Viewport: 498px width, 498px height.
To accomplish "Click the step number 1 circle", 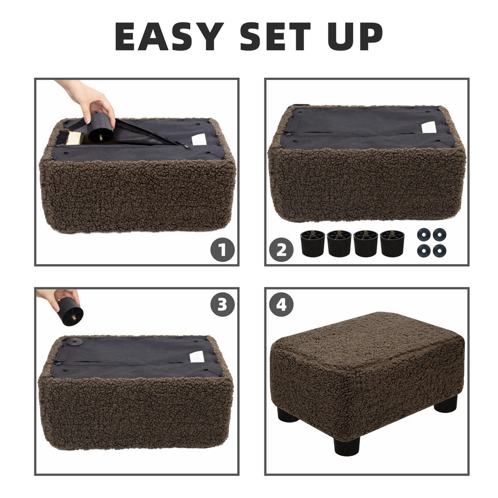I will [x=222, y=251].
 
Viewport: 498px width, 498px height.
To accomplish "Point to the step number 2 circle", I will [x=281, y=251].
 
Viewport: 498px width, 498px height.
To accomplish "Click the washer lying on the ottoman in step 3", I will [x=75, y=342].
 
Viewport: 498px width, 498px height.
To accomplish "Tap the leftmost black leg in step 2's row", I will [x=312, y=243].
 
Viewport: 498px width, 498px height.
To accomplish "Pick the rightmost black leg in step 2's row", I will [x=392, y=243].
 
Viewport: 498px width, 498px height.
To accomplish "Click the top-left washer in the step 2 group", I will [x=424, y=234].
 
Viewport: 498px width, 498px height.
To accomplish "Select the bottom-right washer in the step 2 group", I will [x=439, y=250].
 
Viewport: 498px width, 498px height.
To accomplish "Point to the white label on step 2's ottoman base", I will [x=428, y=127].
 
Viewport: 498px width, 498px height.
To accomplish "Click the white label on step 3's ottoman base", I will [x=197, y=357].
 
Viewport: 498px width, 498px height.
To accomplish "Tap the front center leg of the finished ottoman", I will [x=347, y=446].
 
